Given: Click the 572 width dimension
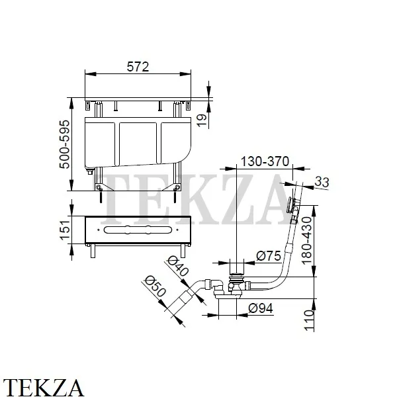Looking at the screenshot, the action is tap(138, 67).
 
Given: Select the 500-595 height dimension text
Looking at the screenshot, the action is tap(64, 144).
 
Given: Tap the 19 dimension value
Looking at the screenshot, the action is tap(202, 120).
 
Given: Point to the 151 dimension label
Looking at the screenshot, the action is tap(64, 230).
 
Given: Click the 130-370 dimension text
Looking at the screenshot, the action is tap(265, 161).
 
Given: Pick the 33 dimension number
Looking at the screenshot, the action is tap(322, 182).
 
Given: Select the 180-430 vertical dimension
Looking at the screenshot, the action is tap(306, 241).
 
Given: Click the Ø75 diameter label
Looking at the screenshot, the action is tap(269, 255).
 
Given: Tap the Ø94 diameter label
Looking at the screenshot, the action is tap(261, 308).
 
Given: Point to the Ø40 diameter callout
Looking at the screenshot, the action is tap(179, 266).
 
